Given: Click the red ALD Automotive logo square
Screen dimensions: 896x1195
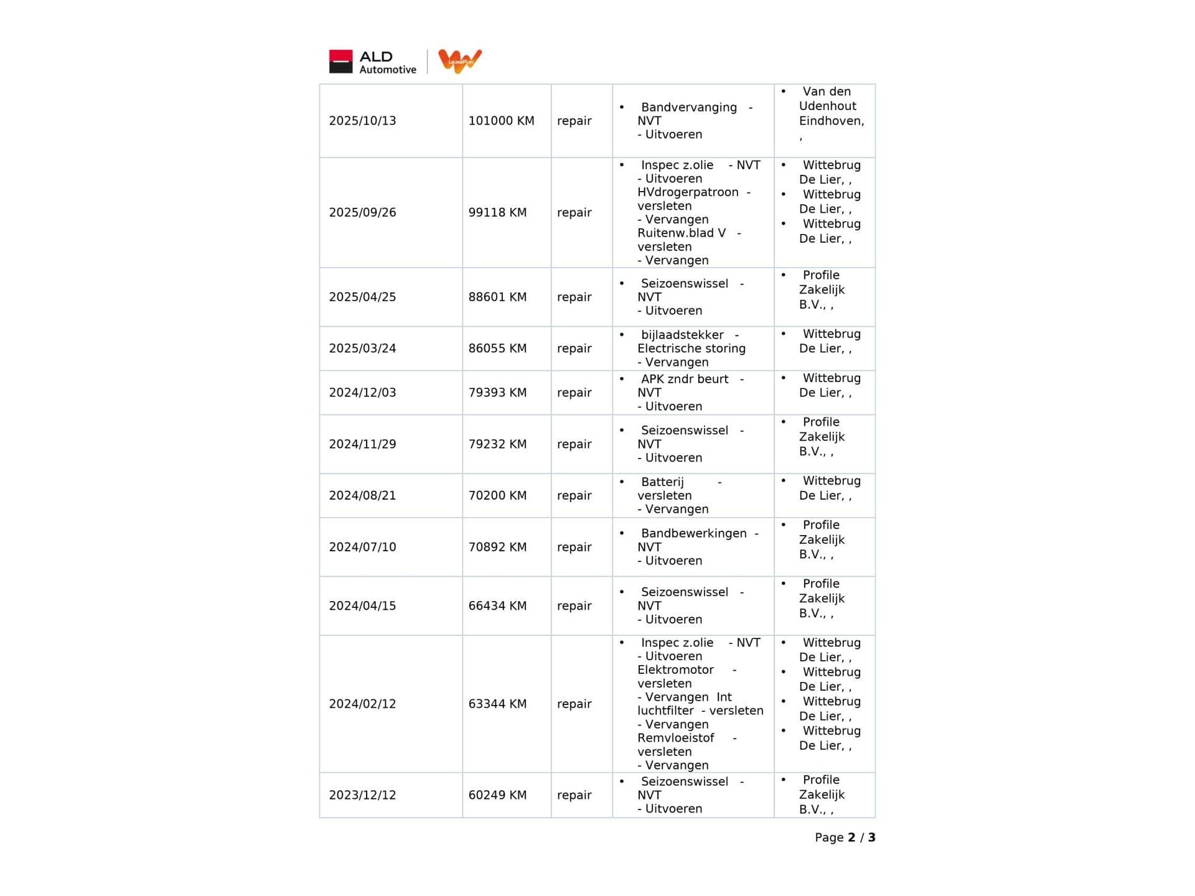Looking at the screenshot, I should click(340, 62).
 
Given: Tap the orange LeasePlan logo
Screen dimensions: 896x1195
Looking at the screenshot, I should click(460, 61).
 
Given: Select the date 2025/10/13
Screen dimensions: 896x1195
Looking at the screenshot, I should click(362, 121).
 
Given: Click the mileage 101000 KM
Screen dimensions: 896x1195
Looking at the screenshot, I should click(501, 121).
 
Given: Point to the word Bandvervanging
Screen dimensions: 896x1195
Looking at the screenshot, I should click(688, 107).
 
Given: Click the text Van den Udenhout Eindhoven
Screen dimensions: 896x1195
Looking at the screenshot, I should click(831, 106).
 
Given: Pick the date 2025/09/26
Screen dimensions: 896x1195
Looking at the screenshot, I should click(362, 212).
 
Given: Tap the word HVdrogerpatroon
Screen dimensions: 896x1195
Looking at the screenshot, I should click(687, 192).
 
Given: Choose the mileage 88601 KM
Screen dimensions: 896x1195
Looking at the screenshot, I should click(497, 297).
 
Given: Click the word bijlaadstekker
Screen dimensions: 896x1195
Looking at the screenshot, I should click(682, 335).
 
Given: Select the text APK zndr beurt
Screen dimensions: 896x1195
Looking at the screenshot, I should click(684, 379).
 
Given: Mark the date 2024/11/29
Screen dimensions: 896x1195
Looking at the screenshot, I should click(362, 444).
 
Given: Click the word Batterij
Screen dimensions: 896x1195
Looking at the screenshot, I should click(662, 482).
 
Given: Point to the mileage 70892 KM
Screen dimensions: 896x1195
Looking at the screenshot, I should click(497, 547).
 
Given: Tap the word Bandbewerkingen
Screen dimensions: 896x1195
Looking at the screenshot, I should click(693, 533).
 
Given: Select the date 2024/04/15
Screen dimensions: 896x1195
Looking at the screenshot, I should click(362, 605).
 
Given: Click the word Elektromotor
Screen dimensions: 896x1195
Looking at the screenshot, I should click(675, 670).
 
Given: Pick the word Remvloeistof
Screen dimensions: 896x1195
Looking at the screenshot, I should click(675, 738).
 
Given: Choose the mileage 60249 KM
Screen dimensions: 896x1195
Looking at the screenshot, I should click(497, 795).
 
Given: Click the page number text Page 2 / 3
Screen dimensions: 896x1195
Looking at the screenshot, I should click(845, 838).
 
